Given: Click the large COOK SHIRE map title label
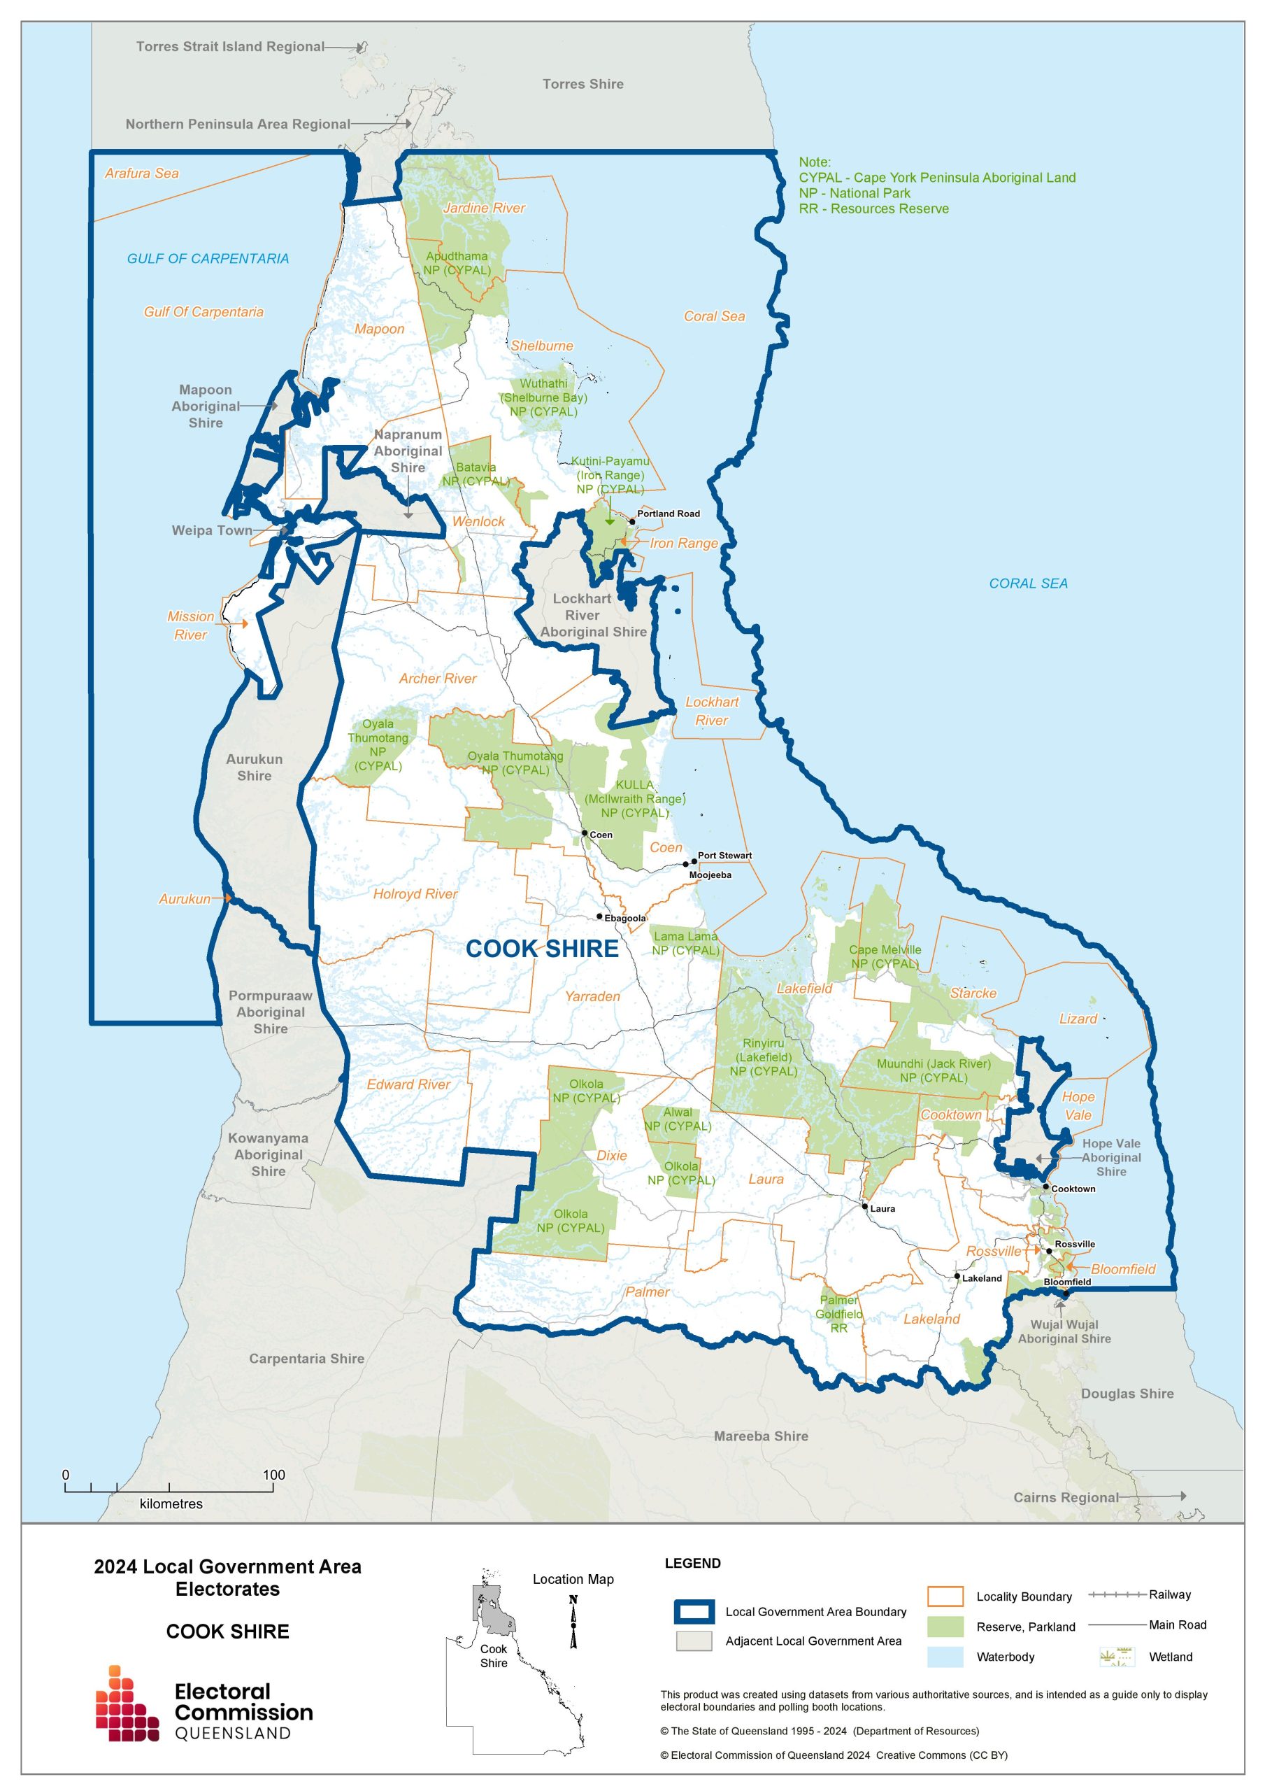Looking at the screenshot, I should click(542, 949).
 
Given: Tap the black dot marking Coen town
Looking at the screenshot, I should click(584, 833).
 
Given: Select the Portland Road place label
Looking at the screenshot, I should click(668, 514).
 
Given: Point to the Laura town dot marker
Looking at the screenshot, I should click(864, 1207).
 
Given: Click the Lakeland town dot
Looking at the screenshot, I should click(957, 1277).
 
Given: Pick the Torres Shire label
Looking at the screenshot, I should click(583, 84).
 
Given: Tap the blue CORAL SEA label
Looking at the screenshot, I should click(1028, 583).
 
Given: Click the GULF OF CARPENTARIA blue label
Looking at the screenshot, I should click(208, 258).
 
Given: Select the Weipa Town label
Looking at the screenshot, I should click(211, 530).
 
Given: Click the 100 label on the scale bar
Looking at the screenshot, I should click(273, 1475).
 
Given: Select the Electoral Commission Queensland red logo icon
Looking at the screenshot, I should click(127, 1704).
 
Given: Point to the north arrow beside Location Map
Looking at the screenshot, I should click(573, 1622).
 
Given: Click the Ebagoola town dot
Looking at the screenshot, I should click(599, 916).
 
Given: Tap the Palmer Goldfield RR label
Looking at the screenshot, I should click(839, 1314).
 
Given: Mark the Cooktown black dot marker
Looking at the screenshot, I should click(1046, 1187).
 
